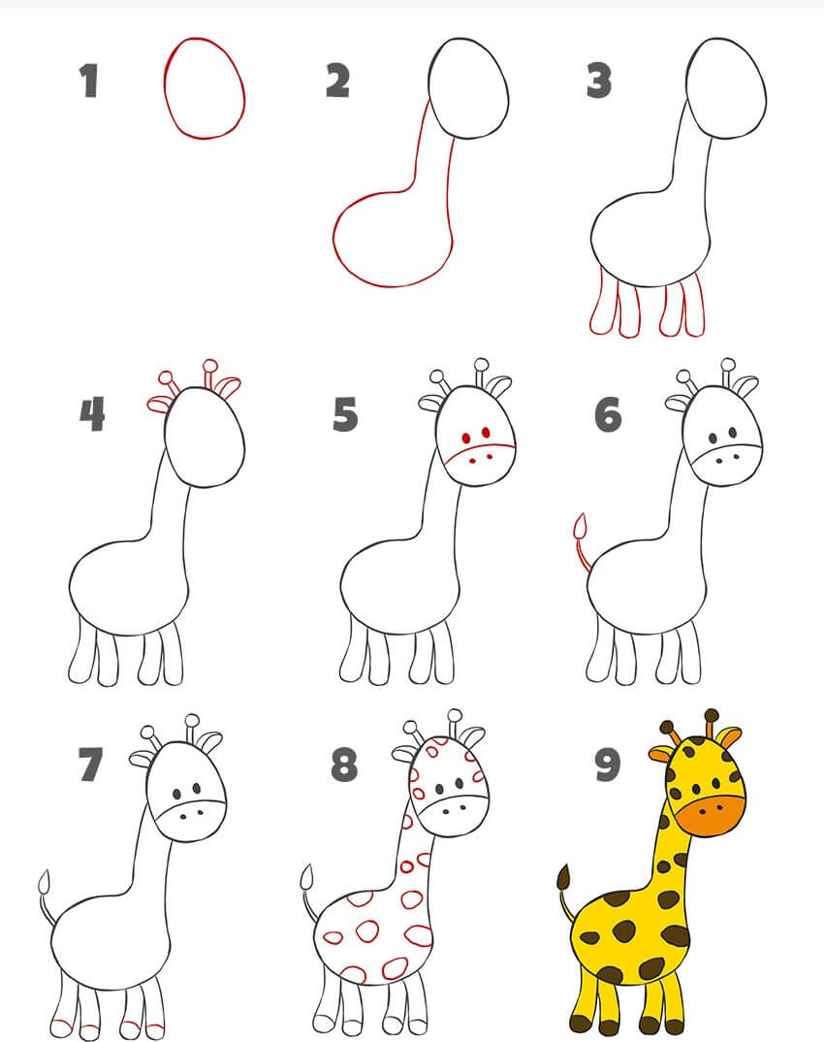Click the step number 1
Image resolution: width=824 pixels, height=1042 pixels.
click(89, 81)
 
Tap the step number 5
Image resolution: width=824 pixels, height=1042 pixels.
click(345, 414)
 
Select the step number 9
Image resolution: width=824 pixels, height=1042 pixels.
click(608, 765)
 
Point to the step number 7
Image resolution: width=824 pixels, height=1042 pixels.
click(90, 765)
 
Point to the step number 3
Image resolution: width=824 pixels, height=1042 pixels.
click(599, 81)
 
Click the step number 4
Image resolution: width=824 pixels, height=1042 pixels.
click(92, 414)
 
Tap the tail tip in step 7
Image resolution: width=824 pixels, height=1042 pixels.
click(45, 883)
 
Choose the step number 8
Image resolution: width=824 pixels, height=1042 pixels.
click(344, 765)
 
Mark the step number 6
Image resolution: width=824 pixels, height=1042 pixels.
click(608, 414)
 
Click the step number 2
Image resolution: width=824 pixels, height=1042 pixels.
click(337, 81)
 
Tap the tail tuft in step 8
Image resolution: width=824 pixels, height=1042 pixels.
click(306, 877)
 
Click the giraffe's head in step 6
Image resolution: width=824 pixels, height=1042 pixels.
click(722, 436)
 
